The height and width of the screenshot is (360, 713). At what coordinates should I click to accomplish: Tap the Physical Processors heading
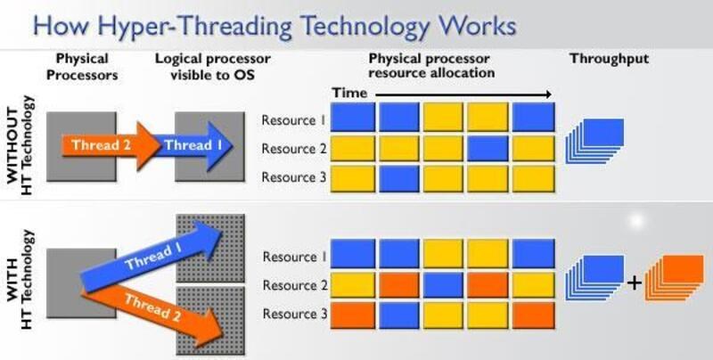pyautogui.click(x=81, y=66)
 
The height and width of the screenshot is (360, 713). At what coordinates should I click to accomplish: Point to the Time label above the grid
pyautogui.click(x=349, y=93)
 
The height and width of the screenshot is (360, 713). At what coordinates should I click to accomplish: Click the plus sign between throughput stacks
pyautogui.click(x=634, y=283)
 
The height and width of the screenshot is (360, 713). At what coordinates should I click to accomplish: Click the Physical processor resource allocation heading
pyautogui.click(x=431, y=66)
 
